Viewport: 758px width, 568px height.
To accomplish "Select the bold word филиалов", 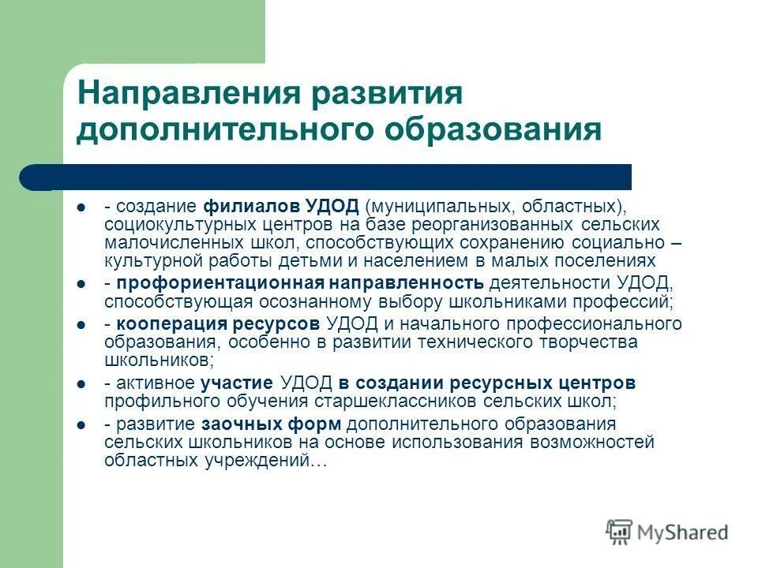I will pyautogui.click(x=252, y=206).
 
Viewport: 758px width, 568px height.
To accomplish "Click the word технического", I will pyautogui.click(x=478, y=342).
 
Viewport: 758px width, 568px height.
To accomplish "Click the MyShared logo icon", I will pyautogui.click(x=619, y=531).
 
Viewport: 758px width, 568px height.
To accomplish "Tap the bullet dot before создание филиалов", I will pyautogui.click(x=81, y=207).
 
